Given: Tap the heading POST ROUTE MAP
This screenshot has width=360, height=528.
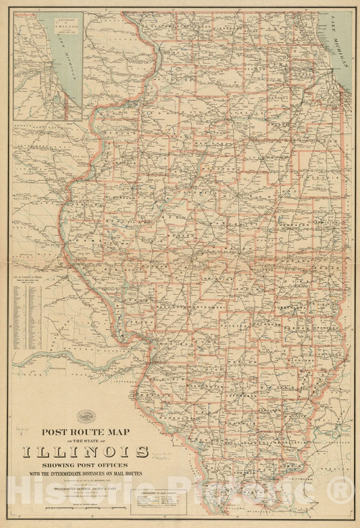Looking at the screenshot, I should pos(86,431).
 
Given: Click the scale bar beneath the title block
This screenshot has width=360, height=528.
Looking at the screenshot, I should pos(86,504).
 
